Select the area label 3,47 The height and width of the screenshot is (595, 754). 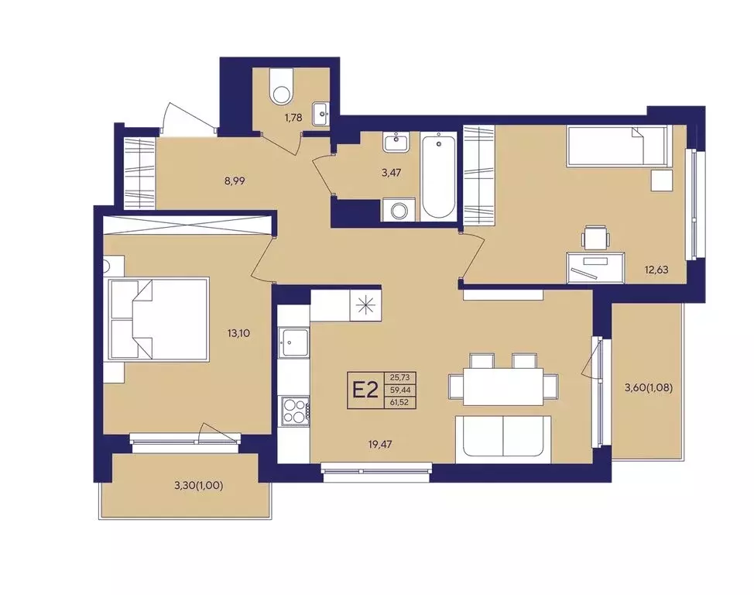click(391, 172)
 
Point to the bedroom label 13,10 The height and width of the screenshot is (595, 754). click(238, 333)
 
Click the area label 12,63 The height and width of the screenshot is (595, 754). click(656, 270)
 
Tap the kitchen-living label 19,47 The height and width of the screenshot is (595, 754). click(380, 445)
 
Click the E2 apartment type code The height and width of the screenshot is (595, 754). click(365, 390)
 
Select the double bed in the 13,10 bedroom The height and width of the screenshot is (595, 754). click(159, 319)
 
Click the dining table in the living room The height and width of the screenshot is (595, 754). click(503, 387)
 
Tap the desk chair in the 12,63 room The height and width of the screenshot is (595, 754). click(596, 238)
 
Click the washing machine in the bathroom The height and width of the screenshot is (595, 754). click(399, 211)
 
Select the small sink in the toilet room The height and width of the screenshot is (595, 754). click(320, 114)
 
